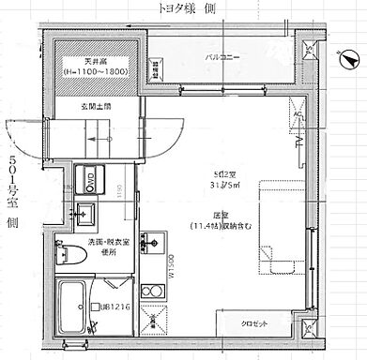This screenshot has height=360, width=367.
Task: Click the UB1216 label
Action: point(113,307)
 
